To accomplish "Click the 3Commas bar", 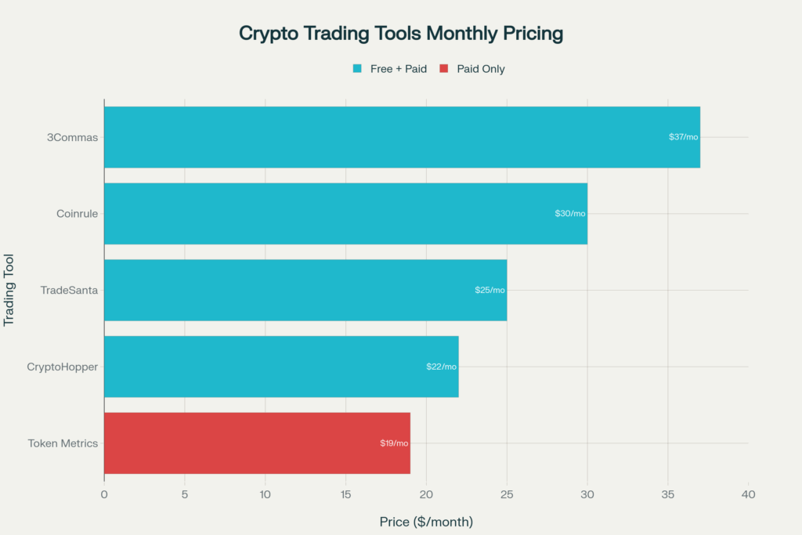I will coord(401,137).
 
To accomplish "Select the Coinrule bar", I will coord(345,214).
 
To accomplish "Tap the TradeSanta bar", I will coord(305,290).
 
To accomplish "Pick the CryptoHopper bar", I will coord(280,367).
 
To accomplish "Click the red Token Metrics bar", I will coord(256,443).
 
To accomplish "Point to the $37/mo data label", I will coord(683,137).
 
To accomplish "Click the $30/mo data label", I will coord(569,214).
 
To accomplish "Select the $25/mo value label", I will coord(490,290).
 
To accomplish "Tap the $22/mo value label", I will coord(441,367).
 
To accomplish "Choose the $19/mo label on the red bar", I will coord(393,443).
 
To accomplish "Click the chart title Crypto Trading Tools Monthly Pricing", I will coord(401,34).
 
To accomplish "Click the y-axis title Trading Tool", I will coord(10,290).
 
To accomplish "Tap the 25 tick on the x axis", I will coord(507,494).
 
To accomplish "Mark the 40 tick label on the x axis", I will coord(748,494).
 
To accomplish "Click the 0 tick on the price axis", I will coord(104,494).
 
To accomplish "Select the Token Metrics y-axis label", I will coord(63,443).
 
